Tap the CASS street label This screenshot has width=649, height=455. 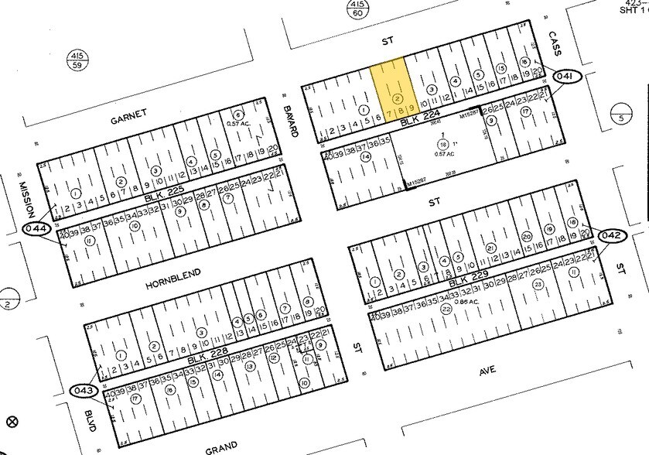[x=555, y=43]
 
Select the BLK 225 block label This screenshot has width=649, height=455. [x=163, y=199]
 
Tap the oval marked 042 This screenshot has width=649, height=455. [x=611, y=234]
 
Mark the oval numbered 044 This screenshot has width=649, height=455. [x=37, y=229]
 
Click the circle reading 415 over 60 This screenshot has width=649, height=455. [x=357, y=9]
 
